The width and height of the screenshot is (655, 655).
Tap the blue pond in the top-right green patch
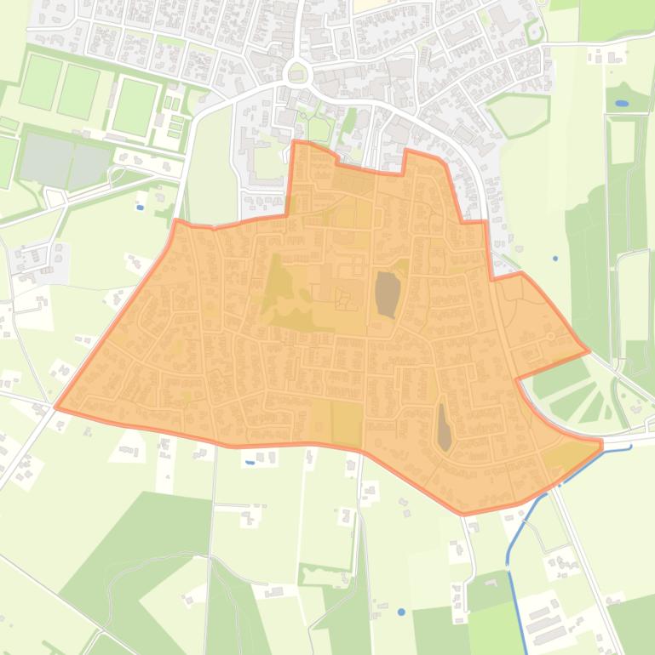pos(621,104)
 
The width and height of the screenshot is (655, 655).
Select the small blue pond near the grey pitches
pos(140,207)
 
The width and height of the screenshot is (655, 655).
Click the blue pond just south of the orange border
pos(250,463)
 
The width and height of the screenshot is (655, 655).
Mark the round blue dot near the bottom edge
pos(401,612)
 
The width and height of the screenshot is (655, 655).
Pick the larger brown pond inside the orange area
pos(387,293)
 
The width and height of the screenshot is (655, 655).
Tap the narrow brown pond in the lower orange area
pos(444,427)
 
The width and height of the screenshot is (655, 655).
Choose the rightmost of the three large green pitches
pos(135,106)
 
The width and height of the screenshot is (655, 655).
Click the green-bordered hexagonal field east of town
pos(518,114)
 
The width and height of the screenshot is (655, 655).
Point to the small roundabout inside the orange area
pos(551,337)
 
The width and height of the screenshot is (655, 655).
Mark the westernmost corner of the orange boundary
pos(56,407)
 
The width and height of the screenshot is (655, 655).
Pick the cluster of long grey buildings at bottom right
pos(543,622)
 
